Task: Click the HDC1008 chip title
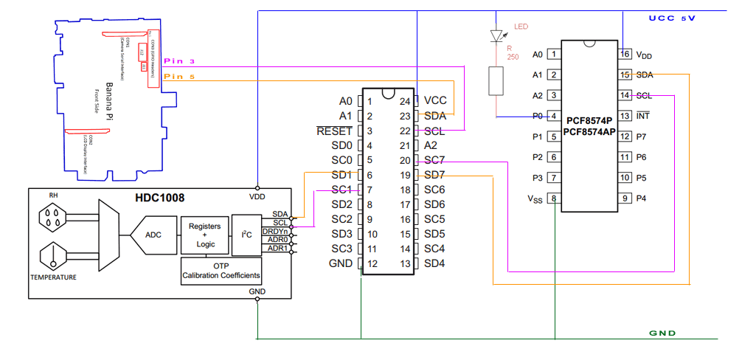pyautogui.click(x=159, y=198)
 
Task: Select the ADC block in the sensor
pyautogui.click(x=153, y=235)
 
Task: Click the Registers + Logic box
pyautogui.click(x=204, y=235)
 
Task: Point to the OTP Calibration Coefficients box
pyautogui.click(x=221, y=271)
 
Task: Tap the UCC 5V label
pyautogui.click(x=672, y=18)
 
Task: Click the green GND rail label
pyautogui.click(x=662, y=333)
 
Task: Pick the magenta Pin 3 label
pyautogui.click(x=179, y=61)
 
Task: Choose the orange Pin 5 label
pyautogui.click(x=179, y=76)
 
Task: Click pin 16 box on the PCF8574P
pyautogui.click(x=625, y=54)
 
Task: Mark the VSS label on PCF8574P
pyautogui.click(x=535, y=198)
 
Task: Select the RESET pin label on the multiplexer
pyautogui.click(x=334, y=131)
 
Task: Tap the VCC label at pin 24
pyautogui.click(x=435, y=101)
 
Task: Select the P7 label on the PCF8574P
pyautogui.click(x=641, y=136)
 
